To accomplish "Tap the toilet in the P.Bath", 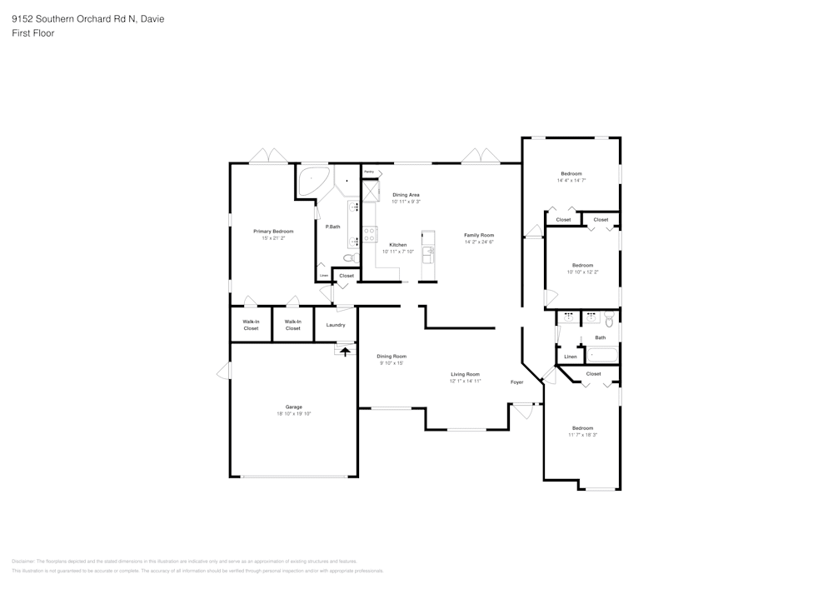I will (350, 258).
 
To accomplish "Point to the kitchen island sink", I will (428, 251).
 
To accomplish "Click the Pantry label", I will (368, 172).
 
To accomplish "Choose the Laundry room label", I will (336, 325).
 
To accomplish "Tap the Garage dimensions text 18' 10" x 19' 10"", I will (293, 413).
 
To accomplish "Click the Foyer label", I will (516, 382).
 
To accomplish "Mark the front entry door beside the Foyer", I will (522, 409).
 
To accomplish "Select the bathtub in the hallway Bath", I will (601, 356).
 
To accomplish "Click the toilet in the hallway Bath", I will (610, 319).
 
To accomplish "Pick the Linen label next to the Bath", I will (570, 357).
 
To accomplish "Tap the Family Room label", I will (479, 235).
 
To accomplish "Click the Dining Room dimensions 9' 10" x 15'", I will (392, 363).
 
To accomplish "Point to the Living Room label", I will (465, 374).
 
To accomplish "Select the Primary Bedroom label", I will (273, 231).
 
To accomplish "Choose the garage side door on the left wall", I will (222, 372).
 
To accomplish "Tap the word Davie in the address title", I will (152, 18).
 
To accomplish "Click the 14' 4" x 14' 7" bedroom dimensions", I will (571, 180).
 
